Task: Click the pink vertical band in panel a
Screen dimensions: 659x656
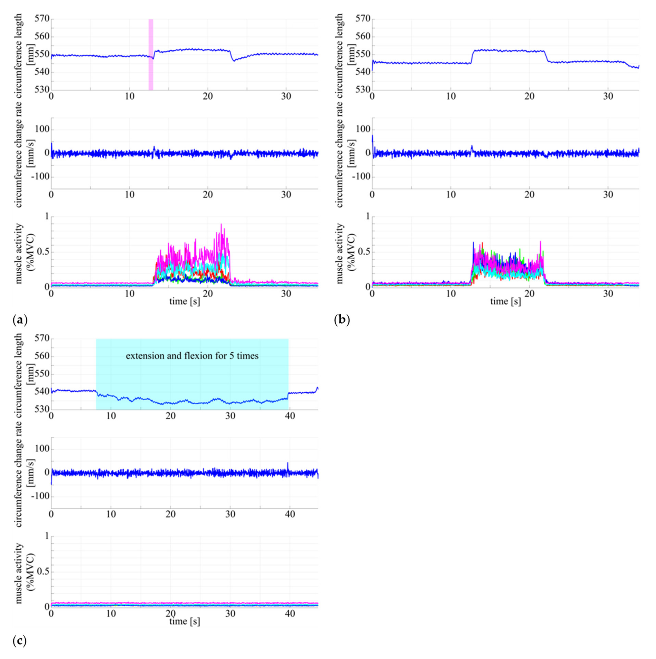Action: (x=151, y=55)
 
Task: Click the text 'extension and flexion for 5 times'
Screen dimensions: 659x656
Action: (x=192, y=356)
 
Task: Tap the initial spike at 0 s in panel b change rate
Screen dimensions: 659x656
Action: (x=373, y=136)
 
